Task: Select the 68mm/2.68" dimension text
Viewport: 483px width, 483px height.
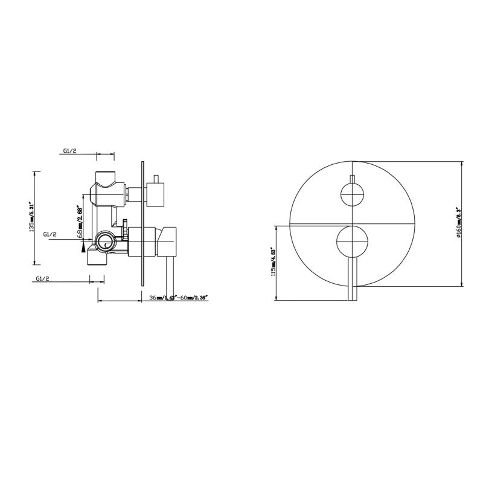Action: point(78,220)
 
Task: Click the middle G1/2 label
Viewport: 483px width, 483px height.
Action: point(50,234)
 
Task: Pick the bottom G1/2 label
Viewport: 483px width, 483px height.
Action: point(43,279)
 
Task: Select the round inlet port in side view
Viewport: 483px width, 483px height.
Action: point(106,243)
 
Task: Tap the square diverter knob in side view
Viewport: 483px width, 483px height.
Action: point(157,194)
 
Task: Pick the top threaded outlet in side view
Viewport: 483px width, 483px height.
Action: point(105,179)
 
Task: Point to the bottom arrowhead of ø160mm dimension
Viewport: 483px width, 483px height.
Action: point(461,284)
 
